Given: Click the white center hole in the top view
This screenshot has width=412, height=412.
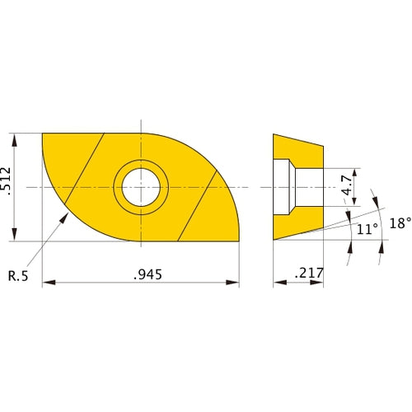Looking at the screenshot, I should coord(141,187).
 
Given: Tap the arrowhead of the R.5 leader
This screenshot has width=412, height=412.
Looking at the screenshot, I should coord(66,215).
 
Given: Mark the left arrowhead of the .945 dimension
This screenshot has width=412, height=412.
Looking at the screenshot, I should coord(46,283).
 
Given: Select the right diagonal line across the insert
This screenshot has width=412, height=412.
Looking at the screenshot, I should coord(198,206).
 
